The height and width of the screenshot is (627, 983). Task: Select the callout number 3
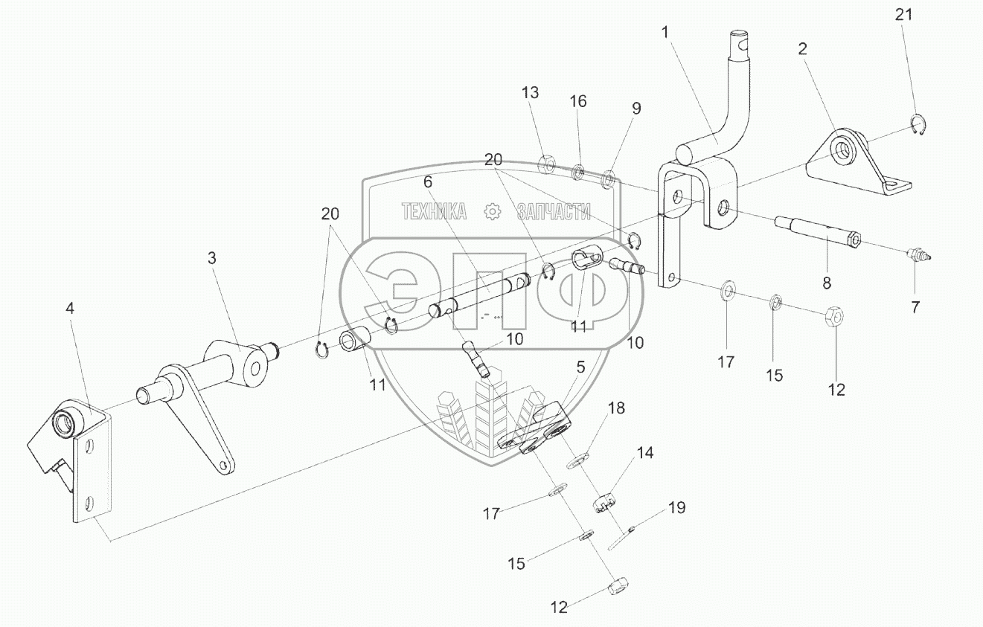(x=212, y=258)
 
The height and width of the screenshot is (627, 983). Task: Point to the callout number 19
(x=676, y=508)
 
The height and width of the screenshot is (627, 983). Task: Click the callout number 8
(x=827, y=283)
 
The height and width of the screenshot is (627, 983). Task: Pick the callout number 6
(x=428, y=181)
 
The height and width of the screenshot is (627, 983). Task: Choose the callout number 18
(x=617, y=408)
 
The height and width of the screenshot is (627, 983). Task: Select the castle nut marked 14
(x=606, y=504)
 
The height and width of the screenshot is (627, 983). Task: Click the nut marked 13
(x=545, y=162)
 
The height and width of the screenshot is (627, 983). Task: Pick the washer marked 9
(x=608, y=179)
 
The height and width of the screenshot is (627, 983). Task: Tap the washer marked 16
(x=577, y=173)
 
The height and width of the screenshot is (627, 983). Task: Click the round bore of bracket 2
(x=843, y=149)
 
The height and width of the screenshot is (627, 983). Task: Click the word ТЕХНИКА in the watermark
(x=434, y=212)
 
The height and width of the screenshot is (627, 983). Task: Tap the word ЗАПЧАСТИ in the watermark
(x=553, y=212)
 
